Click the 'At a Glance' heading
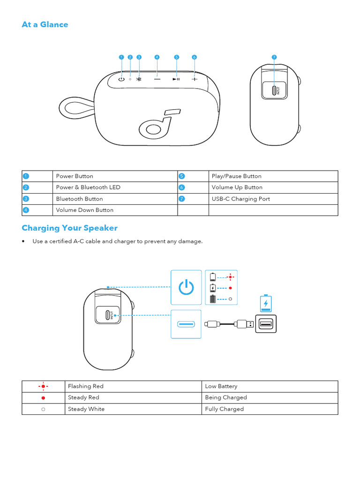[x=45, y=25]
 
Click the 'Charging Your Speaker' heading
[x=69, y=228]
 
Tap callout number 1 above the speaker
[x=121, y=57]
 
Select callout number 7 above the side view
[x=274, y=57]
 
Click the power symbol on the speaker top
[x=121, y=79]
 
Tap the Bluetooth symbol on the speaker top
[x=139, y=79]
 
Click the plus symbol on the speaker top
[x=194, y=79]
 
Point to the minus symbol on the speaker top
[x=157, y=79]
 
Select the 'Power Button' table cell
[x=75, y=176]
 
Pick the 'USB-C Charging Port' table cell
[x=240, y=199]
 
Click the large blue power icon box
[x=186, y=287]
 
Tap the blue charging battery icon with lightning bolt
[x=266, y=303]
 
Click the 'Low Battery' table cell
[x=221, y=386]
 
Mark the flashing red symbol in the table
[x=43, y=386]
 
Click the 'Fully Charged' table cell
[x=224, y=409]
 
